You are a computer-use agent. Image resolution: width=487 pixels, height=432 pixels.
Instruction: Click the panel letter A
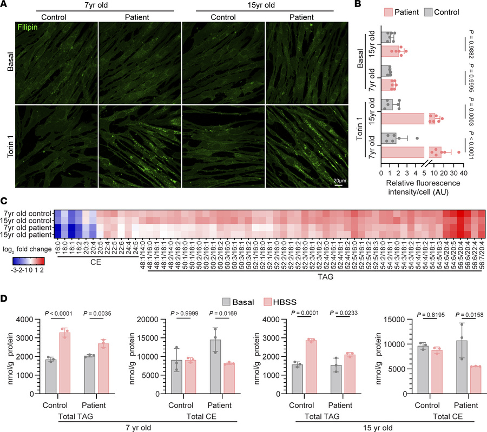click(x=4, y=4)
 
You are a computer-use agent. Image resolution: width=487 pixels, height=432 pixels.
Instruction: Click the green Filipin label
click(x=18, y=25)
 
